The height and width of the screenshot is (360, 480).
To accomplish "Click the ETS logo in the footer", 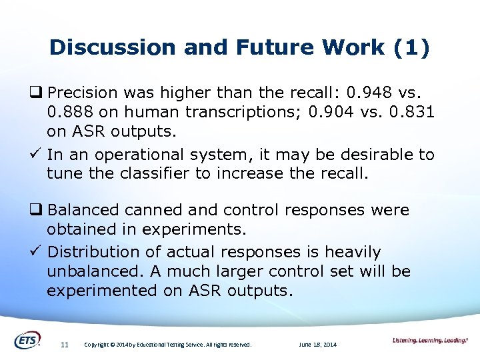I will (x=27, y=339).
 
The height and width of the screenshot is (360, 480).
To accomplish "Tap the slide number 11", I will (x=65, y=345).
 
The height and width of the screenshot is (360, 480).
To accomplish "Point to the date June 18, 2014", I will (x=318, y=345).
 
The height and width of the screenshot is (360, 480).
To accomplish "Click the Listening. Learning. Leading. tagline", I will (x=430, y=341).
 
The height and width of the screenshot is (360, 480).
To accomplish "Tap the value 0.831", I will (x=410, y=111).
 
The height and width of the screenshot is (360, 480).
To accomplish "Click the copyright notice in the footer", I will (x=168, y=345).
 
